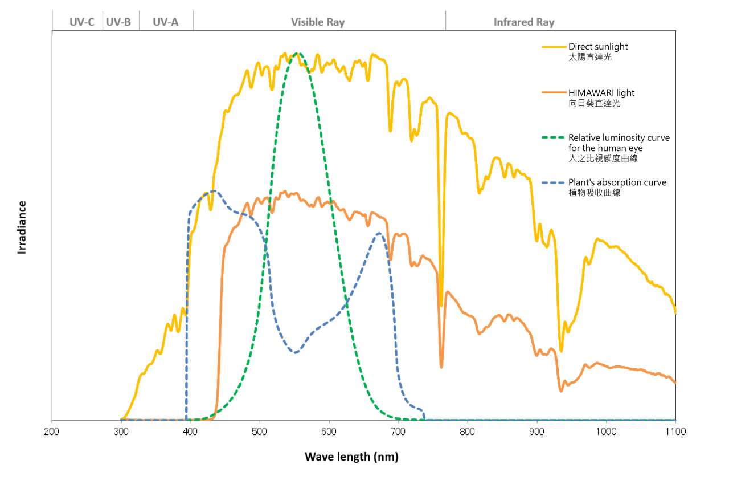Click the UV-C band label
[82, 22]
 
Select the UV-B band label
[118, 22]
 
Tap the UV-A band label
[166, 22]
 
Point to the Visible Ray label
[318, 22]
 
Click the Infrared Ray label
[524, 22]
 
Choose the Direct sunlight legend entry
[598, 47]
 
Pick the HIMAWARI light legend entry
[601, 93]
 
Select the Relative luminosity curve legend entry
[619, 138]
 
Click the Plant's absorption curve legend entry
[617, 182]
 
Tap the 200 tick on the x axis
[52, 432]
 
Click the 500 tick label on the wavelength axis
[260, 432]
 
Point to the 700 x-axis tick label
[398, 432]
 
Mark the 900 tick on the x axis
[537, 432]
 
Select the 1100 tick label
[675, 432]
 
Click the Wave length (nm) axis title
[351, 457]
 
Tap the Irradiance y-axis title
[22, 227]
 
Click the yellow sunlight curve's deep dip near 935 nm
[561, 351]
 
